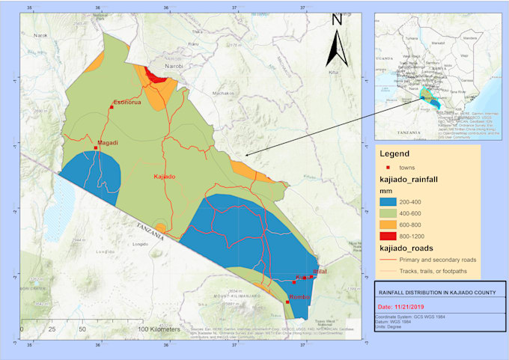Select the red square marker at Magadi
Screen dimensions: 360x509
pos(96,147)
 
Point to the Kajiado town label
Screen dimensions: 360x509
pos(164,177)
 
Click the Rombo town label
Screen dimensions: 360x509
pos(299,297)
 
